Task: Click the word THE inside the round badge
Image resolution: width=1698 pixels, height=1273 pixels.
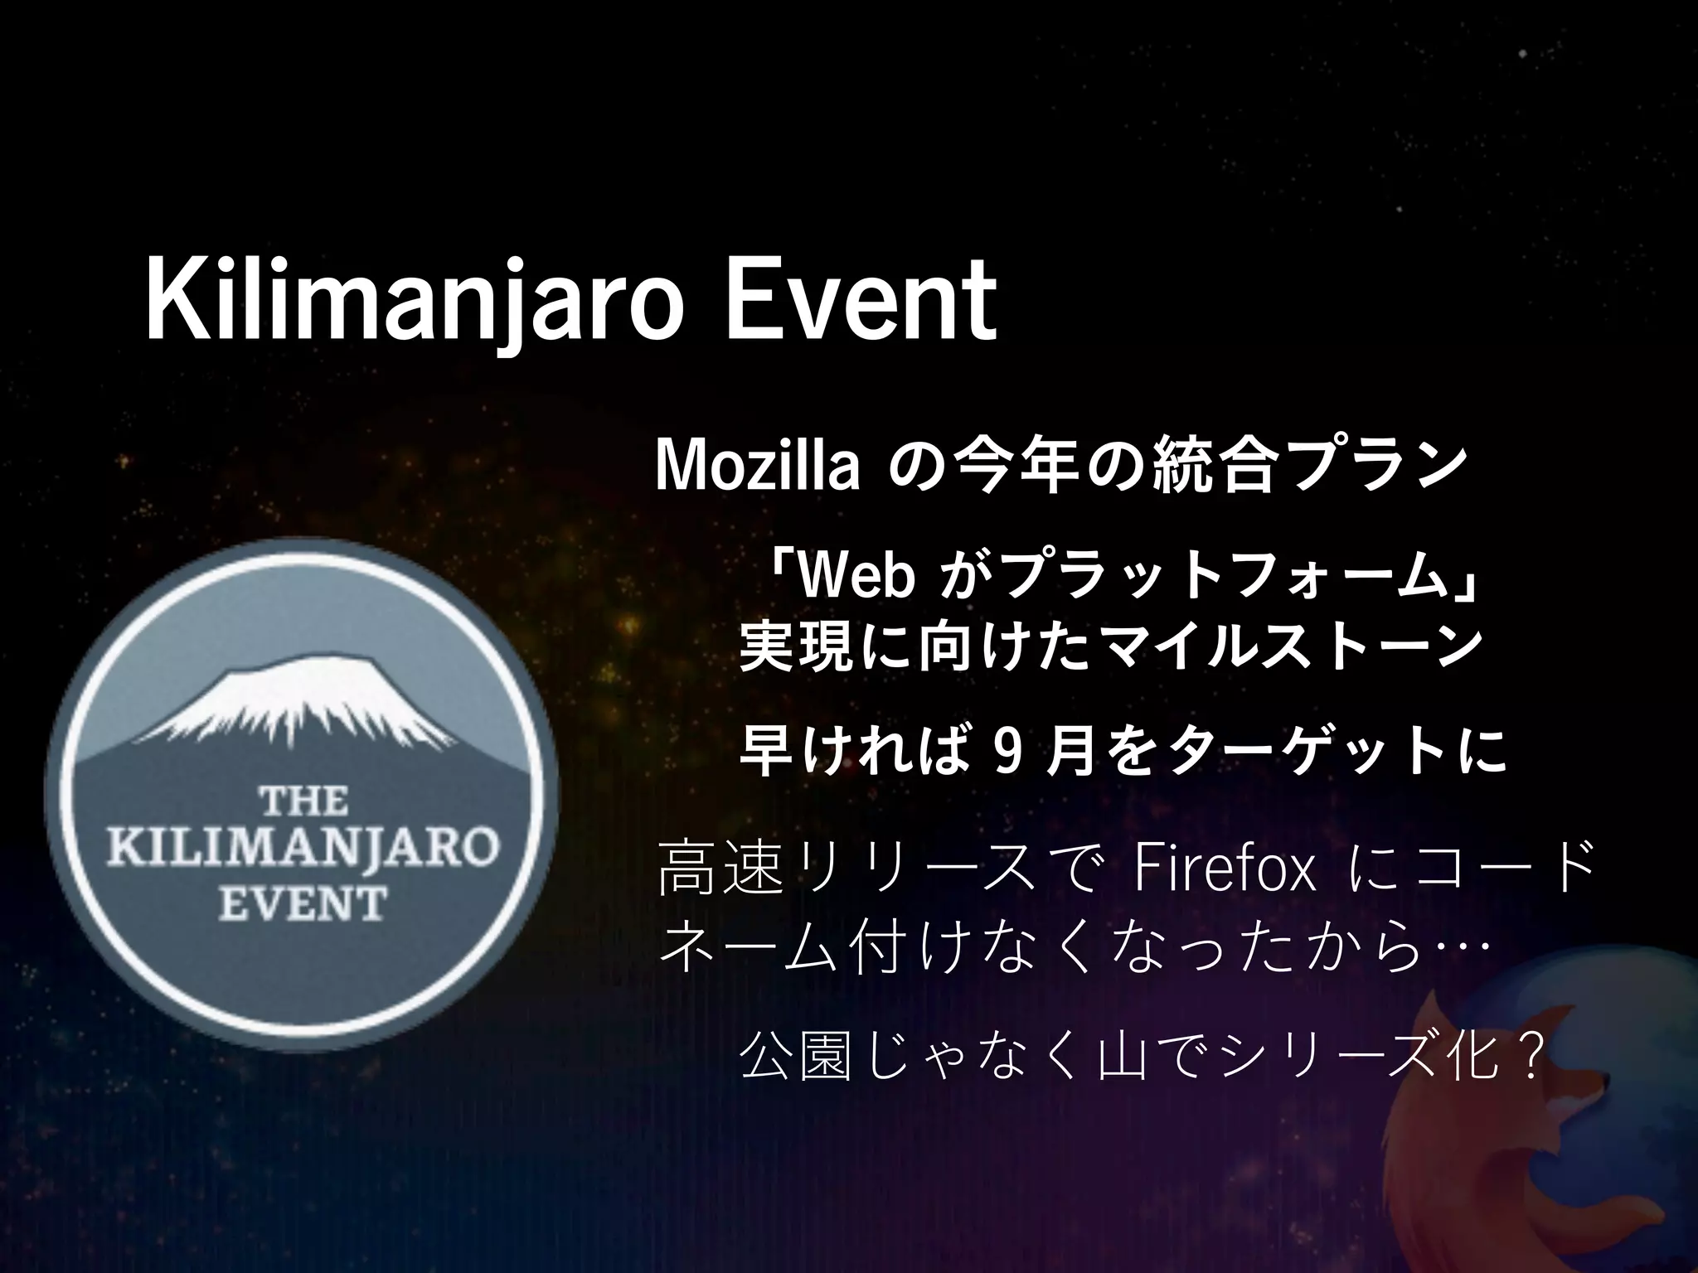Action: click(x=303, y=801)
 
